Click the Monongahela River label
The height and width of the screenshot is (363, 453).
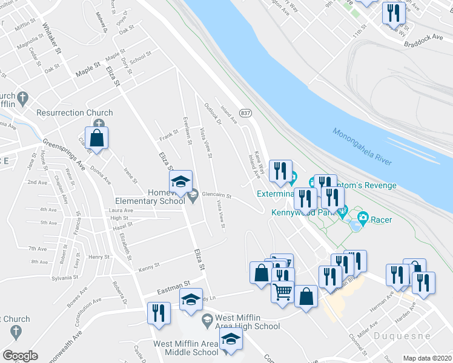[361, 146]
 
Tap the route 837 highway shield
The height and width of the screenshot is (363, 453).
[246, 113]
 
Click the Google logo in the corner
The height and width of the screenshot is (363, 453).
[20, 356]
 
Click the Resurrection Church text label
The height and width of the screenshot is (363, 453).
[74, 113]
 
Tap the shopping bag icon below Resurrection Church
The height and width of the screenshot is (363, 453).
[96, 137]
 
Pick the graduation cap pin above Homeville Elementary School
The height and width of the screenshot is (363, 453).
[180, 181]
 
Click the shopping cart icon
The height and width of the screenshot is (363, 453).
[282, 292]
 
